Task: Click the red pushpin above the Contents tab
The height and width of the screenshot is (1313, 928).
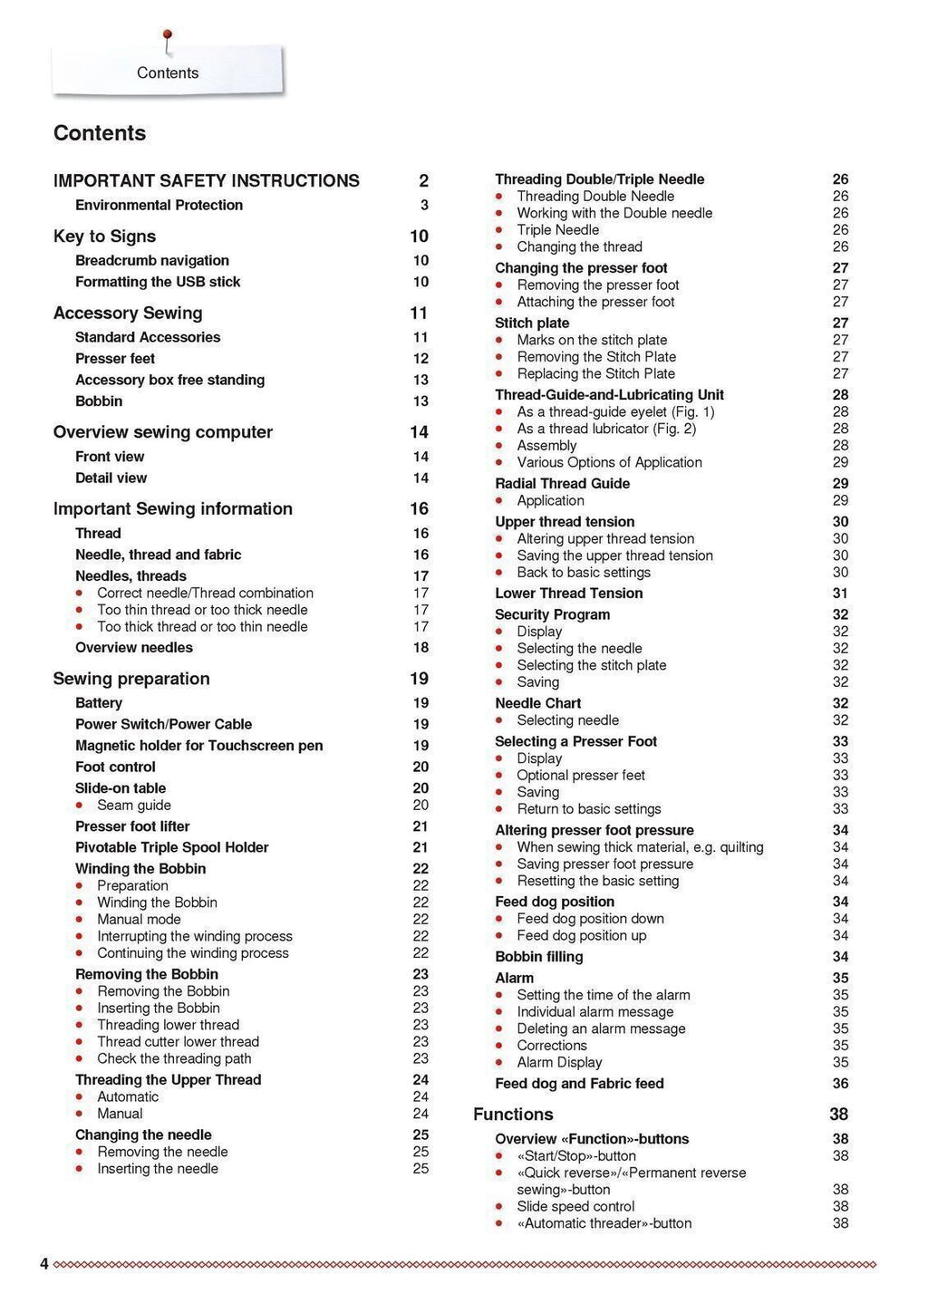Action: [x=167, y=37]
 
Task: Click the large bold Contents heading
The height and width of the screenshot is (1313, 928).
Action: [x=100, y=133]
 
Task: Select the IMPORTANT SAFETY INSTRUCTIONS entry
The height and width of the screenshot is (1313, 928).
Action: [x=206, y=181]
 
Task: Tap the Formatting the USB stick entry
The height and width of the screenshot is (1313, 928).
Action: [x=158, y=282]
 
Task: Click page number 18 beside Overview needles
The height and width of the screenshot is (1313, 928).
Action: [x=420, y=648]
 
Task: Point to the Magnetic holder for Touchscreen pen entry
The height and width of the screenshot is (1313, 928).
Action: [x=198, y=746]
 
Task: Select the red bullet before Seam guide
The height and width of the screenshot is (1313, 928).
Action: [x=80, y=806]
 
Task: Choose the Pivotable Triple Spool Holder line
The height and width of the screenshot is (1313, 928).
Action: [x=171, y=847]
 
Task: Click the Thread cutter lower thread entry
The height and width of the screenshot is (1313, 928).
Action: [x=178, y=1042]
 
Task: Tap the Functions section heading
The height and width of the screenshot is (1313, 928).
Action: [x=513, y=1115]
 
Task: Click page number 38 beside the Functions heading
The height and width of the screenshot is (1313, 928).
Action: [x=838, y=1115]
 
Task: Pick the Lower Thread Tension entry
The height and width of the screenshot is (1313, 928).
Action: [x=568, y=594]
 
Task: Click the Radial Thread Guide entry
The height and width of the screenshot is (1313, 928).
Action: [x=562, y=484]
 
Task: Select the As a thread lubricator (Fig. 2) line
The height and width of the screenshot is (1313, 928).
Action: [x=606, y=429]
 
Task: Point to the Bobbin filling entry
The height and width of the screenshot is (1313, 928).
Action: [x=538, y=957]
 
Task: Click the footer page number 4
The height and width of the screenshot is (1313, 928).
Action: [x=43, y=1264]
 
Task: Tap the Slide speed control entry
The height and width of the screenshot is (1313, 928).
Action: [x=575, y=1207]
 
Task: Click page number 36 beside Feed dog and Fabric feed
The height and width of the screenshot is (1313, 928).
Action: [x=840, y=1084]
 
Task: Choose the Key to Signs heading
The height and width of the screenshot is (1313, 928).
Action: [x=104, y=237]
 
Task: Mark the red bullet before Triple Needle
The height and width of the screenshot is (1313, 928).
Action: [x=499, y=230]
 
